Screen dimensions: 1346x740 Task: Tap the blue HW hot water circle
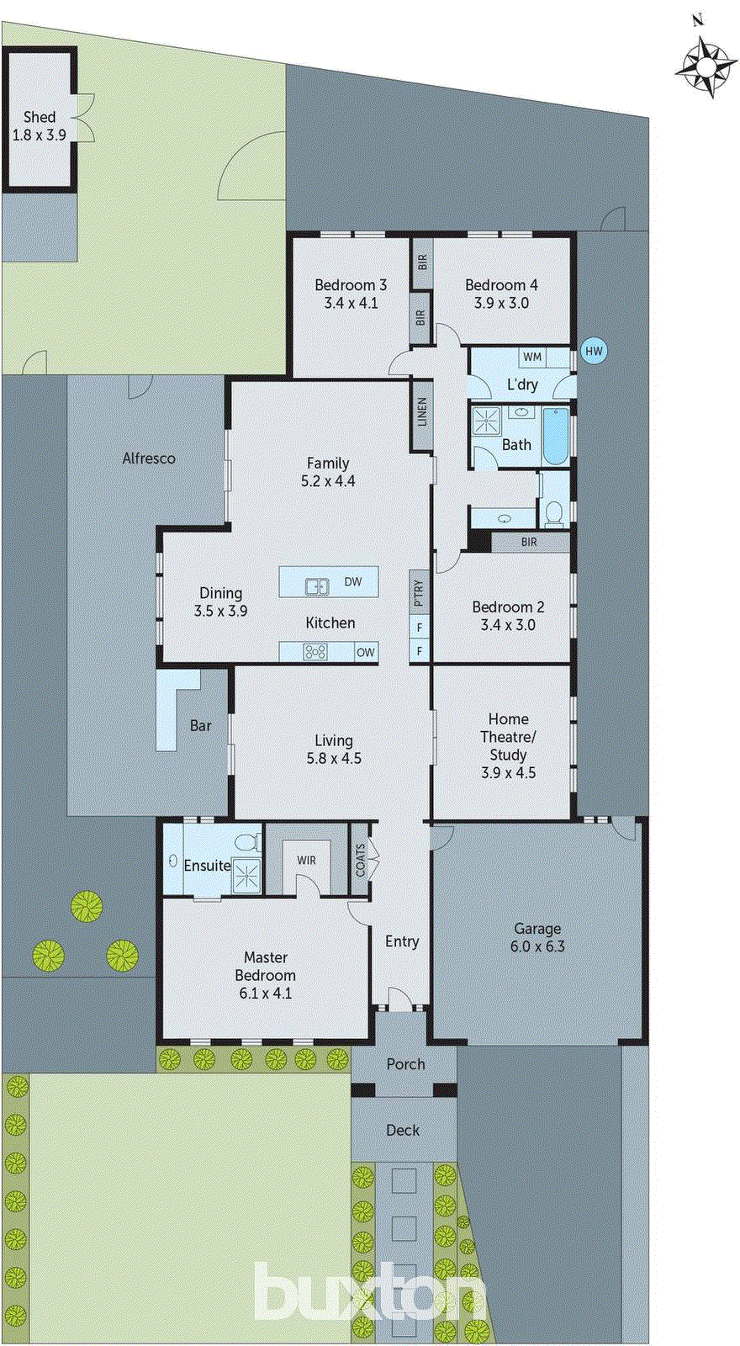tap(594, 351)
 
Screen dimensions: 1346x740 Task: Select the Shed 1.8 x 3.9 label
tap(39, 125)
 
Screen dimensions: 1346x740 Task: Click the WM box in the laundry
tap(532, 357)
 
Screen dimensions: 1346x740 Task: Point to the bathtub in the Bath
tap(556, 436)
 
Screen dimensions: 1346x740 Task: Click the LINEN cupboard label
tap(422, 411)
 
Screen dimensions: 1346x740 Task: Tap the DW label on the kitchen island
tap(353, 581)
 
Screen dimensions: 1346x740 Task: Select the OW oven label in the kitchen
tap(366, 652)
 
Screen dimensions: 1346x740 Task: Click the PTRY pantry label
tap(419, 591)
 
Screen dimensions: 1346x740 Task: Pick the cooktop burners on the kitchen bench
tap(315, 651)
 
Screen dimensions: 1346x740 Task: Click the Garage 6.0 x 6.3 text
tap(537, 937)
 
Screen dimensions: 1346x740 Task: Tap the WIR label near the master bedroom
tap(306, 860)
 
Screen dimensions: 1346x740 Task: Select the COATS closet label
tap(360, 861)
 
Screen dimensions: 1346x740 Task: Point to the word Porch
tap(405, 1064)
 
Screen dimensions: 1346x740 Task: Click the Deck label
tap(403, 1130)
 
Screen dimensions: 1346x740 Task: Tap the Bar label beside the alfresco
tap(200, 725)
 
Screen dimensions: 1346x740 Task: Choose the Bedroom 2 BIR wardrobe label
tap(528, 542)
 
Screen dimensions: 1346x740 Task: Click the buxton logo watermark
tap(370, 1292)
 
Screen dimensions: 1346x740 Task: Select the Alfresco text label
tap(149, 458)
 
